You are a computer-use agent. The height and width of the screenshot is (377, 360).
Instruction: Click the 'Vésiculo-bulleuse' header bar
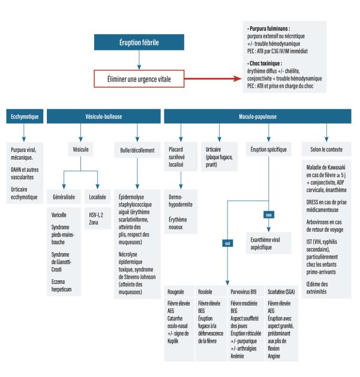100,116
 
